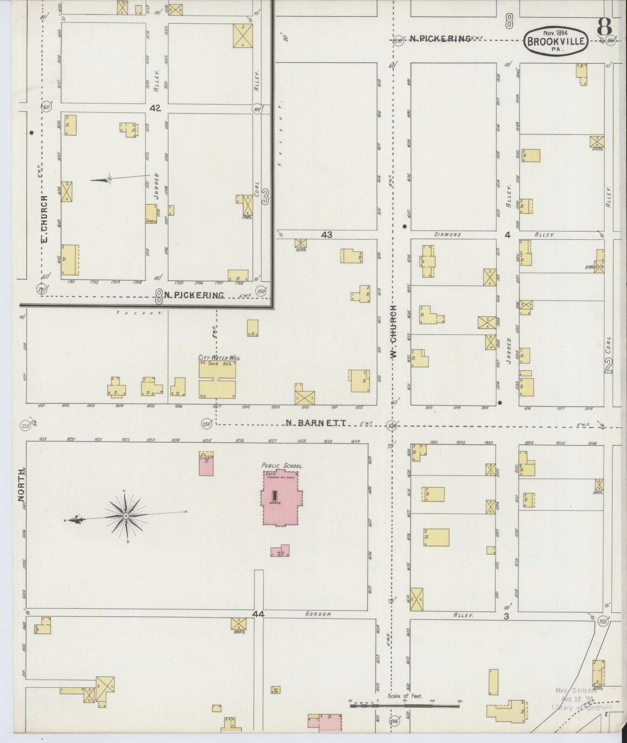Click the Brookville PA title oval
click(x=556, y=42)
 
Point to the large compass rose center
click(x=126, y=516)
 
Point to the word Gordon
click(x=318, y=614)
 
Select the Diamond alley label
click(x=447, y=235)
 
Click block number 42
click(x=155, y=108)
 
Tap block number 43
click(x=326, y=235)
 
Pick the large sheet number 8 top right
click(x=604, y=27)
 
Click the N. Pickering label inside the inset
click(x=194, y=295)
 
